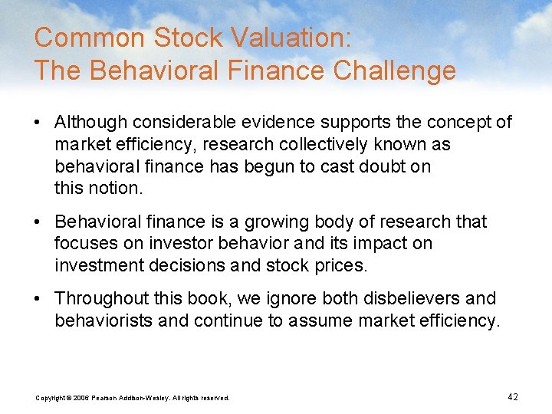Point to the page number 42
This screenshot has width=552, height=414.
513,396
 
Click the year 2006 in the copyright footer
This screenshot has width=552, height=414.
82,397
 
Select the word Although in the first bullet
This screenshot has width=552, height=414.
92,122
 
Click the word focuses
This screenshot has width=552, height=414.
83,244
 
